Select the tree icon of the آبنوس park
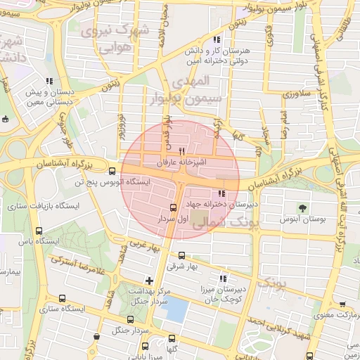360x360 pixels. coord(302,207)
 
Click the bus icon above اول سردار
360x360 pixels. coord(174,207)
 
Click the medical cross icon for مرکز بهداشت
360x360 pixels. coord(149,281)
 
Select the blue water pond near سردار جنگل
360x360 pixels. coord(174,310)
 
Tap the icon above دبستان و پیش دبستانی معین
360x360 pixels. coord(49,81)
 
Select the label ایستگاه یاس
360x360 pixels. coord(18,241)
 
